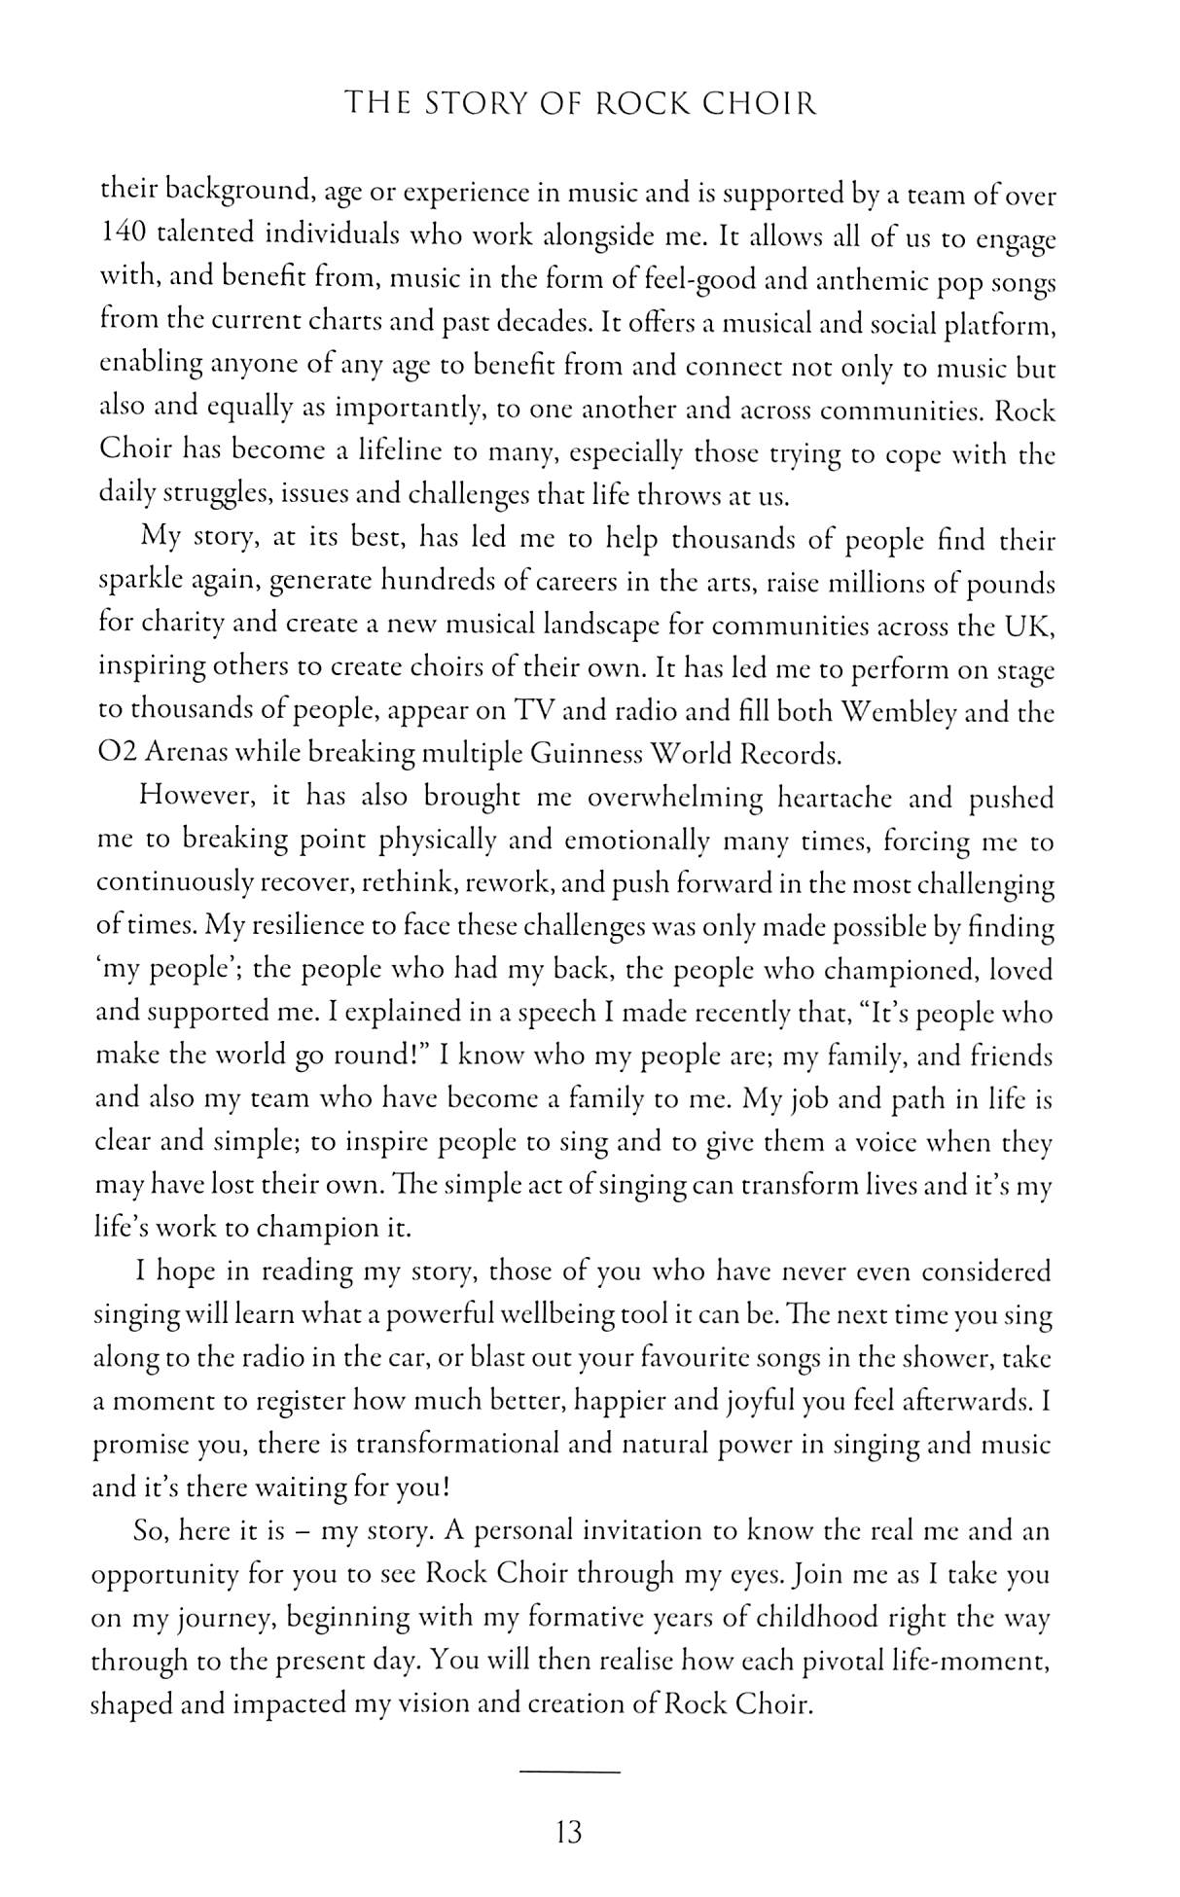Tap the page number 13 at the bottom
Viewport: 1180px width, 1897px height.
(568, 1834)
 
